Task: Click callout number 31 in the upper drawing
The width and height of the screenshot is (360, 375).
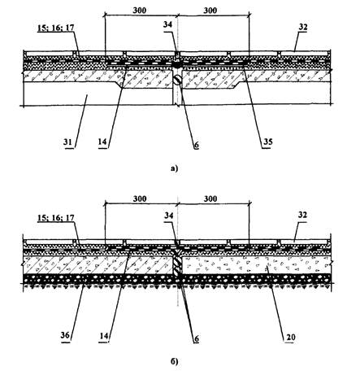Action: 68,142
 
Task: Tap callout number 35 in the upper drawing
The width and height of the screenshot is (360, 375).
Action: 267,142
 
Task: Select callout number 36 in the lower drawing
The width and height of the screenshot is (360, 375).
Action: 65,336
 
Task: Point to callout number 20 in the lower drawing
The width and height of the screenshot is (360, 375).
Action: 289,338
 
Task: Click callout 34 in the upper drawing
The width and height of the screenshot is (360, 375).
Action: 167,24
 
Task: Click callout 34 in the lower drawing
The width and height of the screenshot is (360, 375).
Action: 168,216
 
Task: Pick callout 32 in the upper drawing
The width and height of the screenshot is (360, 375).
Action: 303,27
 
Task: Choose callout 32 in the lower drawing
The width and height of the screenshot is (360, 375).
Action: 302,215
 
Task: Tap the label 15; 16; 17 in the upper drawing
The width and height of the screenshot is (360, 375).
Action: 56,28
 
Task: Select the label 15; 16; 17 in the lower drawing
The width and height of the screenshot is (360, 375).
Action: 56,218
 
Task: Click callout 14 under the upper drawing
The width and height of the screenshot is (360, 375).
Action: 103,142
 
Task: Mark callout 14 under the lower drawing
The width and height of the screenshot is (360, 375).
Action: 103,336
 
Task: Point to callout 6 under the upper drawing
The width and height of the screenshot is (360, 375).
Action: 196,145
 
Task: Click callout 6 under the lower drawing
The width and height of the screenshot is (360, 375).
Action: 196,338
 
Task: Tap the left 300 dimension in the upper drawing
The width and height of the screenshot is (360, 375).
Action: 140,11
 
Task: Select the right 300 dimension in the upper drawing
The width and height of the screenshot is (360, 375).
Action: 210,11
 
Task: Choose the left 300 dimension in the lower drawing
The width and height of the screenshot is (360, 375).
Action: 140,198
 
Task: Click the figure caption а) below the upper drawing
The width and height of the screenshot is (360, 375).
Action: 175,168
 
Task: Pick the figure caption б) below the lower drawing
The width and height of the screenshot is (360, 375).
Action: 175,361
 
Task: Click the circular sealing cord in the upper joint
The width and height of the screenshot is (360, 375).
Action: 177,80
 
